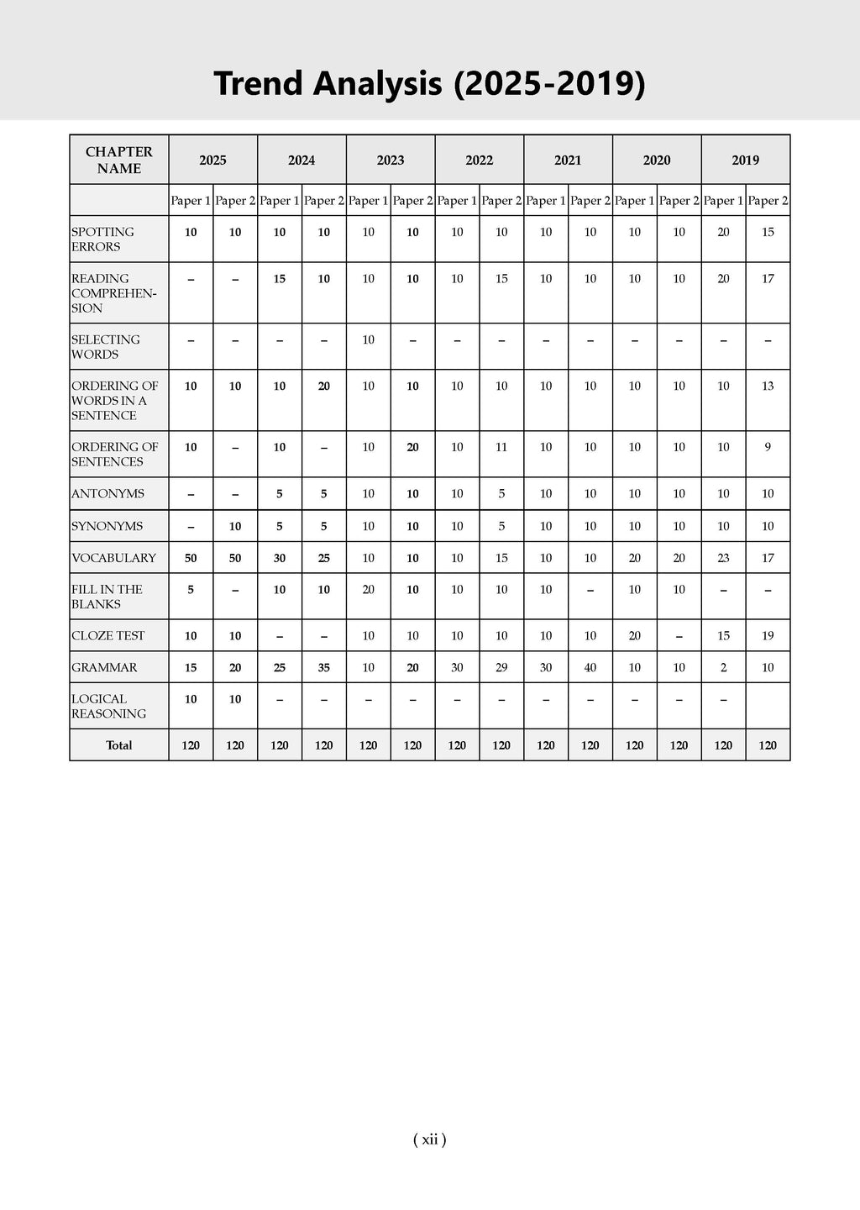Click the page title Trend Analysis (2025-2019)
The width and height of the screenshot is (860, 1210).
[x=429, y=84]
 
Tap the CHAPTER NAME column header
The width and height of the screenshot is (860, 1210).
[x=119, y=160]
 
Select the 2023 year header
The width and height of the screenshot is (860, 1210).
[x=391, y=160]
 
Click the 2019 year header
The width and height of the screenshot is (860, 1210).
[x=745, y=160]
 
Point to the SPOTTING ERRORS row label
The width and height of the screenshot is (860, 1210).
[x=102, y=239]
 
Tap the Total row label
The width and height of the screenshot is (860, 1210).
[x=119, y=745]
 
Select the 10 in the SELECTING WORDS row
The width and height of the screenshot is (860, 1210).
[x=368, y=339]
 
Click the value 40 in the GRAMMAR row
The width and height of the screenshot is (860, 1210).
[x=590, y=668]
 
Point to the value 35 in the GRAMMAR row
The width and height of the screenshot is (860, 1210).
[x=324, y=668]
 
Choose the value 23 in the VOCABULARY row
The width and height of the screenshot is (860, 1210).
[x=723, y=558]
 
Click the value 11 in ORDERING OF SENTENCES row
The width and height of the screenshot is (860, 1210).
[x=501, y=447]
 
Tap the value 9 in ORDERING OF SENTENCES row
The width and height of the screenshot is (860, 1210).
[x=768, y=447]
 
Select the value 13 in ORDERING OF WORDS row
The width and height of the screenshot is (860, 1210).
[x=768, y=386]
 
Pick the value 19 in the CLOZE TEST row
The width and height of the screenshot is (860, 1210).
[x=768, y=636]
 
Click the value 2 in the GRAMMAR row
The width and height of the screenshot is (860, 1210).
[x=723, y=668]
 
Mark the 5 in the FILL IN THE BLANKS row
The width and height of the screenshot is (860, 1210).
[x=191, y=590]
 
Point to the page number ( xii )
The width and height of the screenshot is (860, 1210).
[x=430, y=1139]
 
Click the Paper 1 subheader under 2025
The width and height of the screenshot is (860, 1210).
[x=191, y=201]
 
